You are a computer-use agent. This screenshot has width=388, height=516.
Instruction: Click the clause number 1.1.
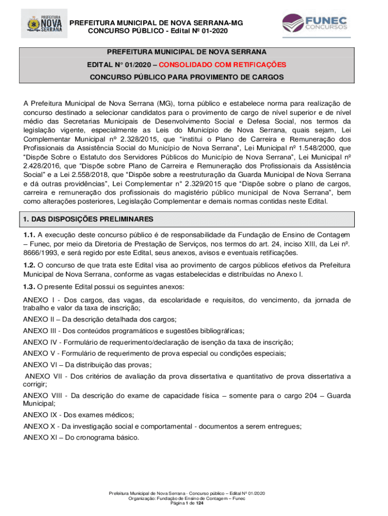29,235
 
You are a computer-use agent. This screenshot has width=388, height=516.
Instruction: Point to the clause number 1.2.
29,265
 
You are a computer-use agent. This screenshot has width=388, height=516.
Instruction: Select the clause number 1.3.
29,287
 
